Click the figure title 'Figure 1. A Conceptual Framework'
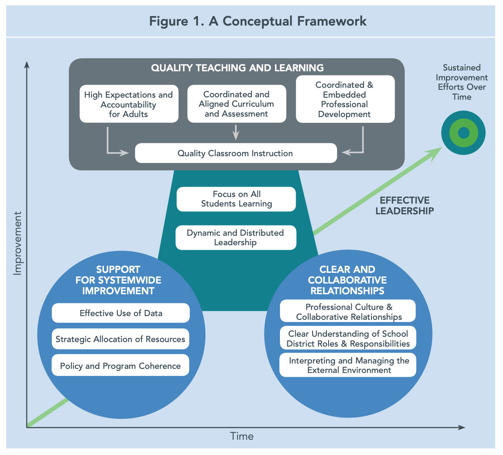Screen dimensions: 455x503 tap(258, 21)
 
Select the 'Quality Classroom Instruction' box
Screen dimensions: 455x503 tap(235, 153)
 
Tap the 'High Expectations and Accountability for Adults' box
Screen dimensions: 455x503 tap(129, 104)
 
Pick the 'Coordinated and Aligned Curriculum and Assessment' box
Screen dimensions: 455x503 tap(236, 104)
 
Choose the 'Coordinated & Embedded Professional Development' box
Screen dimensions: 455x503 tap(345, 100)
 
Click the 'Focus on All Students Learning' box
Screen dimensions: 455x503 tap(236, 199)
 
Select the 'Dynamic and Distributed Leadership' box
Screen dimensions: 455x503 tap(235, 238)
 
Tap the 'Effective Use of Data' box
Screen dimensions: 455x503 tap(121, 313)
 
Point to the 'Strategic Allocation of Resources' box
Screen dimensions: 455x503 tap(120, 339)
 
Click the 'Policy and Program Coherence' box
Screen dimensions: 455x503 tap(120, 366)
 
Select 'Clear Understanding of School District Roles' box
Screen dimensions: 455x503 tap(348, 338)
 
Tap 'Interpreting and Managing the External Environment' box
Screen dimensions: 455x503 tap(348, 365)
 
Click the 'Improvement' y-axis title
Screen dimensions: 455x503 tap(17, 243)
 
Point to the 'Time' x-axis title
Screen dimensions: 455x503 tap(242, 436)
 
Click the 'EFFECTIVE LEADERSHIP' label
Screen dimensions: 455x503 tap(404, 206)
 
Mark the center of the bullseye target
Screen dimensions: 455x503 tap(463, 133)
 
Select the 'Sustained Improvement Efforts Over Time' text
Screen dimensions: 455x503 tap(462, 82)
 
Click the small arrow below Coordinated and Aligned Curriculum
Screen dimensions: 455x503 tap(236, 132)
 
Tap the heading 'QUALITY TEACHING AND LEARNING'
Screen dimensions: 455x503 tap(237, 68)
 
